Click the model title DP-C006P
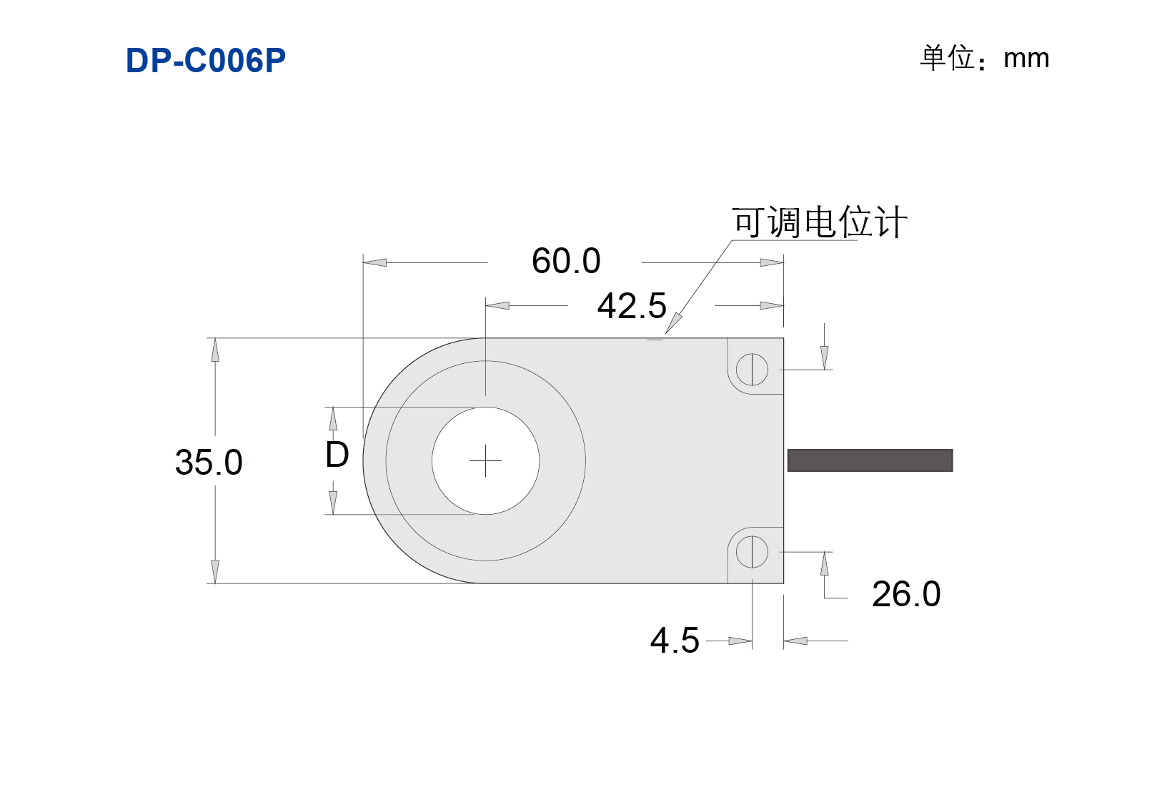206,60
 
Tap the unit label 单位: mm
984,58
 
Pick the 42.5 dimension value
632,306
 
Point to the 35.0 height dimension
209,462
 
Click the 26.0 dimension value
906,594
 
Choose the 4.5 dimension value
675,641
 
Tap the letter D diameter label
337,455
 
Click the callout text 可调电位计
820,222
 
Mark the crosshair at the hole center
485,460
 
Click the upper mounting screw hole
752,370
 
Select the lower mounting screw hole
752,552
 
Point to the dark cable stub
870,460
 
